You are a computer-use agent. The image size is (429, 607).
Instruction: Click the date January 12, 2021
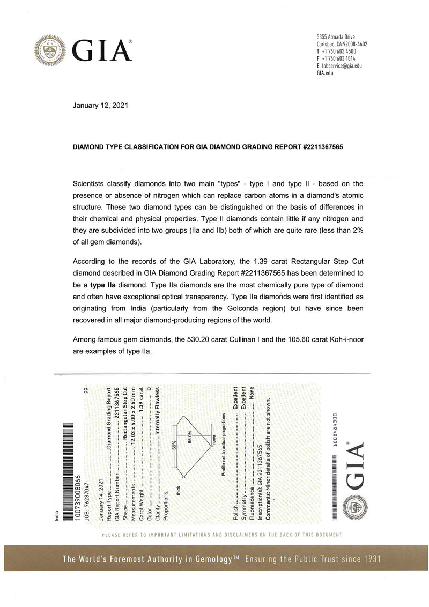point(100,106)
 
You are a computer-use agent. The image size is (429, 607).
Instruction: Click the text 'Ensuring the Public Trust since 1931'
point(313,559)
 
